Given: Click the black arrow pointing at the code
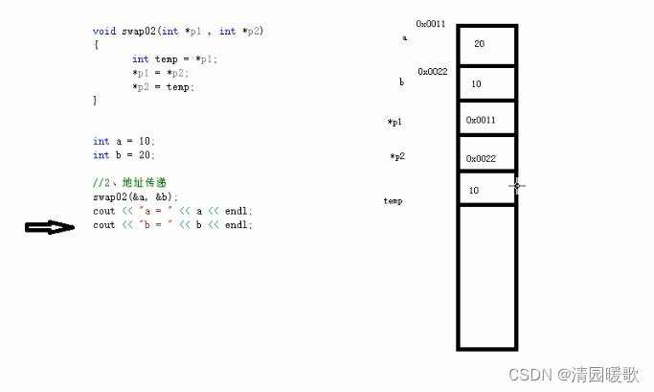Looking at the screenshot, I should click(49, 227).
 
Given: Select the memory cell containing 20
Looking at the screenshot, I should click(486, 44).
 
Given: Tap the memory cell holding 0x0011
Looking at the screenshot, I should click(486, 120).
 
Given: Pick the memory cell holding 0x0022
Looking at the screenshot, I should click(486, 158).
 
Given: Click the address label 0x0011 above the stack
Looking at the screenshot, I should click(431, 24).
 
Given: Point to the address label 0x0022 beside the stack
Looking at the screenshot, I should click(433, 72).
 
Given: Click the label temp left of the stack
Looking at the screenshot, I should click(393, 201).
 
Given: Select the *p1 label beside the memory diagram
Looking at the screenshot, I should click(395, 123).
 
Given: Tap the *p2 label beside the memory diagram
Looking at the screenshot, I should click(396, 157).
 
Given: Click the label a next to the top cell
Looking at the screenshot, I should click(404, 38).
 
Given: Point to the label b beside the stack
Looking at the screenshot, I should click(401, 83).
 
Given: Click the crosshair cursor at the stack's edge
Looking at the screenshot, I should click(517, 186).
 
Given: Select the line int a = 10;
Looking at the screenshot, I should click(124, 142).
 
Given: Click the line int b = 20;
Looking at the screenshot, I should click(124, 155).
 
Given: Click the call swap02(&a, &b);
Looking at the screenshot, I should click(135, 196).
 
